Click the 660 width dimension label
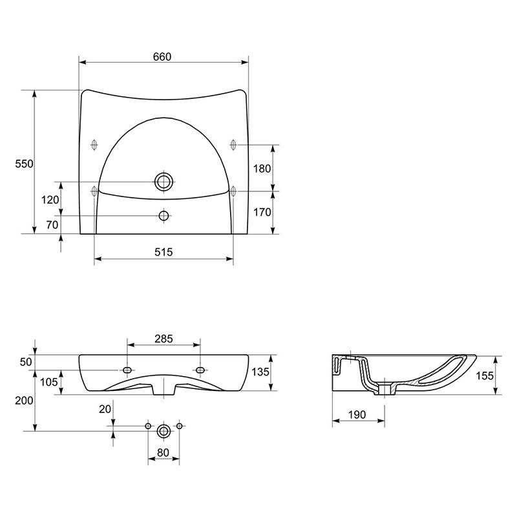[x=162, y=57]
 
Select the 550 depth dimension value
[x=24, y=164]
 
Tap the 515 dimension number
[x=164, y=252]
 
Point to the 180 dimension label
[x=262, y=169]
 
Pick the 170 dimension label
[x=262, y=212]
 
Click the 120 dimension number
[x=50, y=200]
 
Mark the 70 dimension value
[x=52, y=225]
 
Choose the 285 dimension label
[x=164, y=339]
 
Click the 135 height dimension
[x=260, y=372]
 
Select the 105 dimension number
[x=49, y=382]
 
